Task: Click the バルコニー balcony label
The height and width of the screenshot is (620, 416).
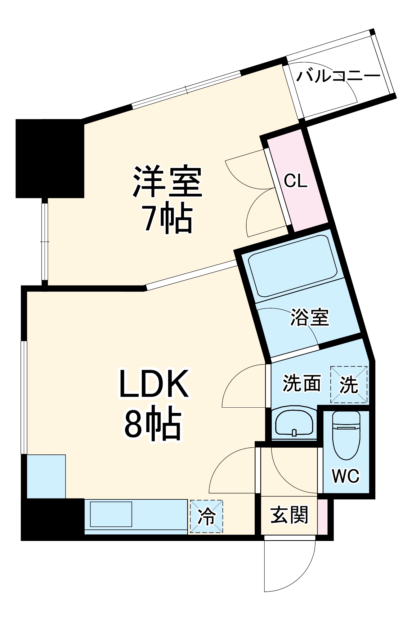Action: point(338,76)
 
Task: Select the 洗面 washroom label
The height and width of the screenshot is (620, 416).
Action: point(301,383)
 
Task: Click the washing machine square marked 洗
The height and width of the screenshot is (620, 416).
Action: point(349,385)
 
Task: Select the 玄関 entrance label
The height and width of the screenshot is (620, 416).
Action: point(289,515)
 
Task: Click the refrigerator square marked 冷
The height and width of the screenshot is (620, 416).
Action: point(206,516)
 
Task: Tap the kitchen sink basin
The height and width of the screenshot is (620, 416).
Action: point(111,514)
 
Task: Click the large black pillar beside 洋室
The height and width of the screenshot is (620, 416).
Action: point(50,158)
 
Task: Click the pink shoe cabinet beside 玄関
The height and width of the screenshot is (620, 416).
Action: point(323,516)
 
